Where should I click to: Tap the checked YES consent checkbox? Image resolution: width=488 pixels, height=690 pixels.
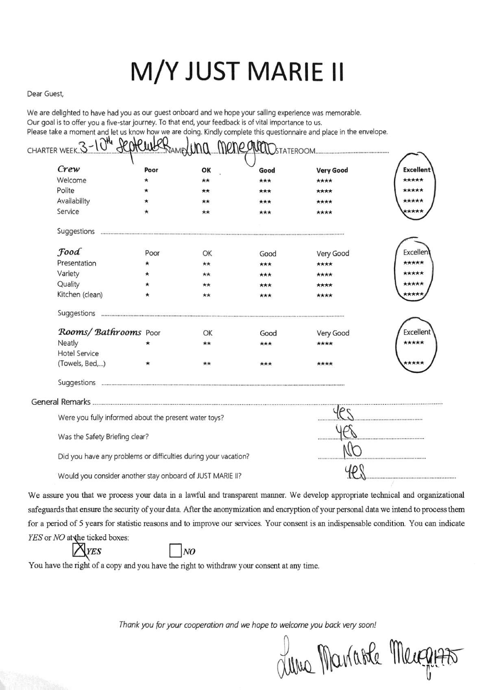click(77, 550)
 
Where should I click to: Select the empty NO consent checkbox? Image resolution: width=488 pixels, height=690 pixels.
click(175, 551)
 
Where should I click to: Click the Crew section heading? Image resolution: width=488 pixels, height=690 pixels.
click(68, 169)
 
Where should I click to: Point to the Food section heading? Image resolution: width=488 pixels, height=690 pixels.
click(69, 251)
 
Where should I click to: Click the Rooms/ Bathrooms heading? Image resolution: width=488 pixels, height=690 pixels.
click(99, 332)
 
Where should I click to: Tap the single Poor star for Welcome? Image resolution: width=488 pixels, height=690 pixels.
click(146, 180)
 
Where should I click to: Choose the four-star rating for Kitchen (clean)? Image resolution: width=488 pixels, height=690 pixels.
click(324, 295)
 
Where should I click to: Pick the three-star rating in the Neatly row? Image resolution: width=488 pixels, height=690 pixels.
click(266, 344)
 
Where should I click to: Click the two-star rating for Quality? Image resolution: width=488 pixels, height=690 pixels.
click(207, 285)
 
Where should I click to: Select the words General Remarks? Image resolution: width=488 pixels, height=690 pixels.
click(61, 402)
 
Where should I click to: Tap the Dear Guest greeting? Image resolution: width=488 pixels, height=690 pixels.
click(45, 94)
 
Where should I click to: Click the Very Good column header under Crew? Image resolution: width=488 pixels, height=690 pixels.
click(332, 170)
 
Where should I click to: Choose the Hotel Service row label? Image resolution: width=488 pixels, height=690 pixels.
click(78, 353)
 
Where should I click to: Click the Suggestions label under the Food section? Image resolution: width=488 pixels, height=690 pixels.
click(76, 313)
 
